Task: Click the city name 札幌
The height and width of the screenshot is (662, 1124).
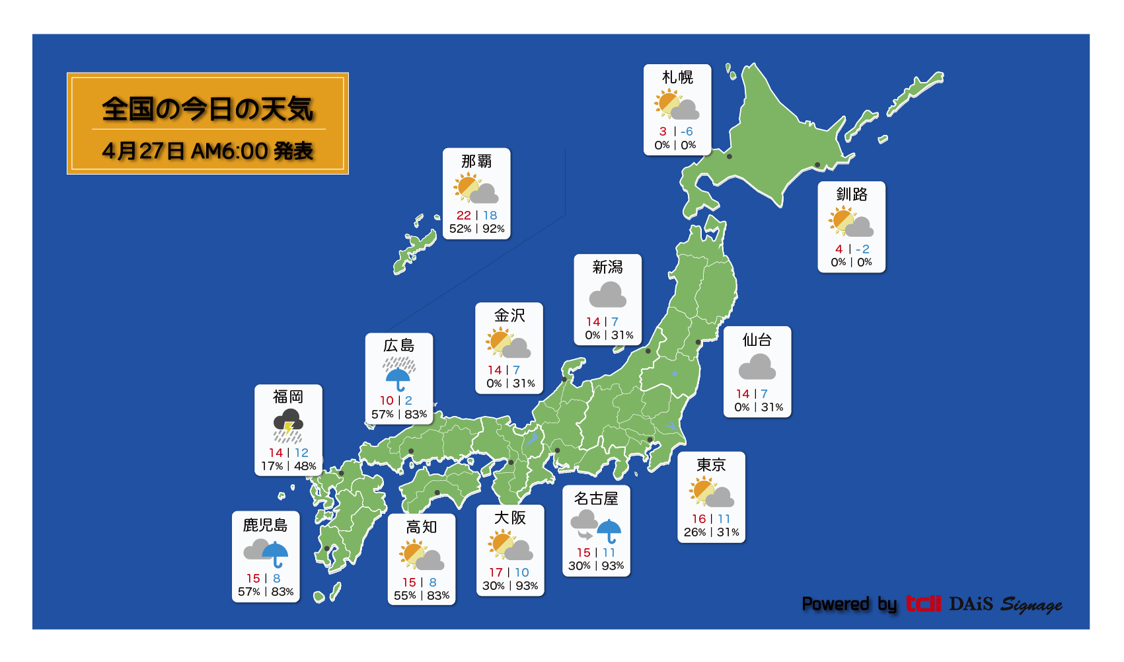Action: tap(677, 77)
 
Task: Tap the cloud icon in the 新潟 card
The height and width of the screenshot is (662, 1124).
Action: tap(607, 295)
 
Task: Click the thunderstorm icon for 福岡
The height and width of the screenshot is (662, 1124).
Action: tap(288, 425)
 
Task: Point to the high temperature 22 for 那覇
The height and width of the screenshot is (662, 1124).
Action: tap(464, 216)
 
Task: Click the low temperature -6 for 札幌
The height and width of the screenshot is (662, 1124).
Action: tap(687, 132)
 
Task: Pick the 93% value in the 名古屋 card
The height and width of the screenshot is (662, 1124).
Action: tap(613, 566)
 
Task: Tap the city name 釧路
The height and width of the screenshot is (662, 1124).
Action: tap(851, 194)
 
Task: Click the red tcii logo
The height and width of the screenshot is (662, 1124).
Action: tap(923, 604)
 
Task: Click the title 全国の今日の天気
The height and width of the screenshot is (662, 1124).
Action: tap(207, 108)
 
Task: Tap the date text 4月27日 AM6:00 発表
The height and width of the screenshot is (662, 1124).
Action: tap(207, 151)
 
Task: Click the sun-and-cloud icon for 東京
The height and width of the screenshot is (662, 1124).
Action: tap(711, 493)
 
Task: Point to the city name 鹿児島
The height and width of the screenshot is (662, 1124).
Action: tap(265, 525)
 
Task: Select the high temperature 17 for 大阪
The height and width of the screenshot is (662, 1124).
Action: tap(496, 573)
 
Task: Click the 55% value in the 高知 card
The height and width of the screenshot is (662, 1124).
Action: tap(404, 596)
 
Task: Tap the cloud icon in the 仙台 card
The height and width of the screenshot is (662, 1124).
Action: tap(757, 367)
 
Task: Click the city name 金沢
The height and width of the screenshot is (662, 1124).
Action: tap(509, 315)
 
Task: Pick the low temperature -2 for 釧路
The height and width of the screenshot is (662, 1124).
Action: tap(863, 249)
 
